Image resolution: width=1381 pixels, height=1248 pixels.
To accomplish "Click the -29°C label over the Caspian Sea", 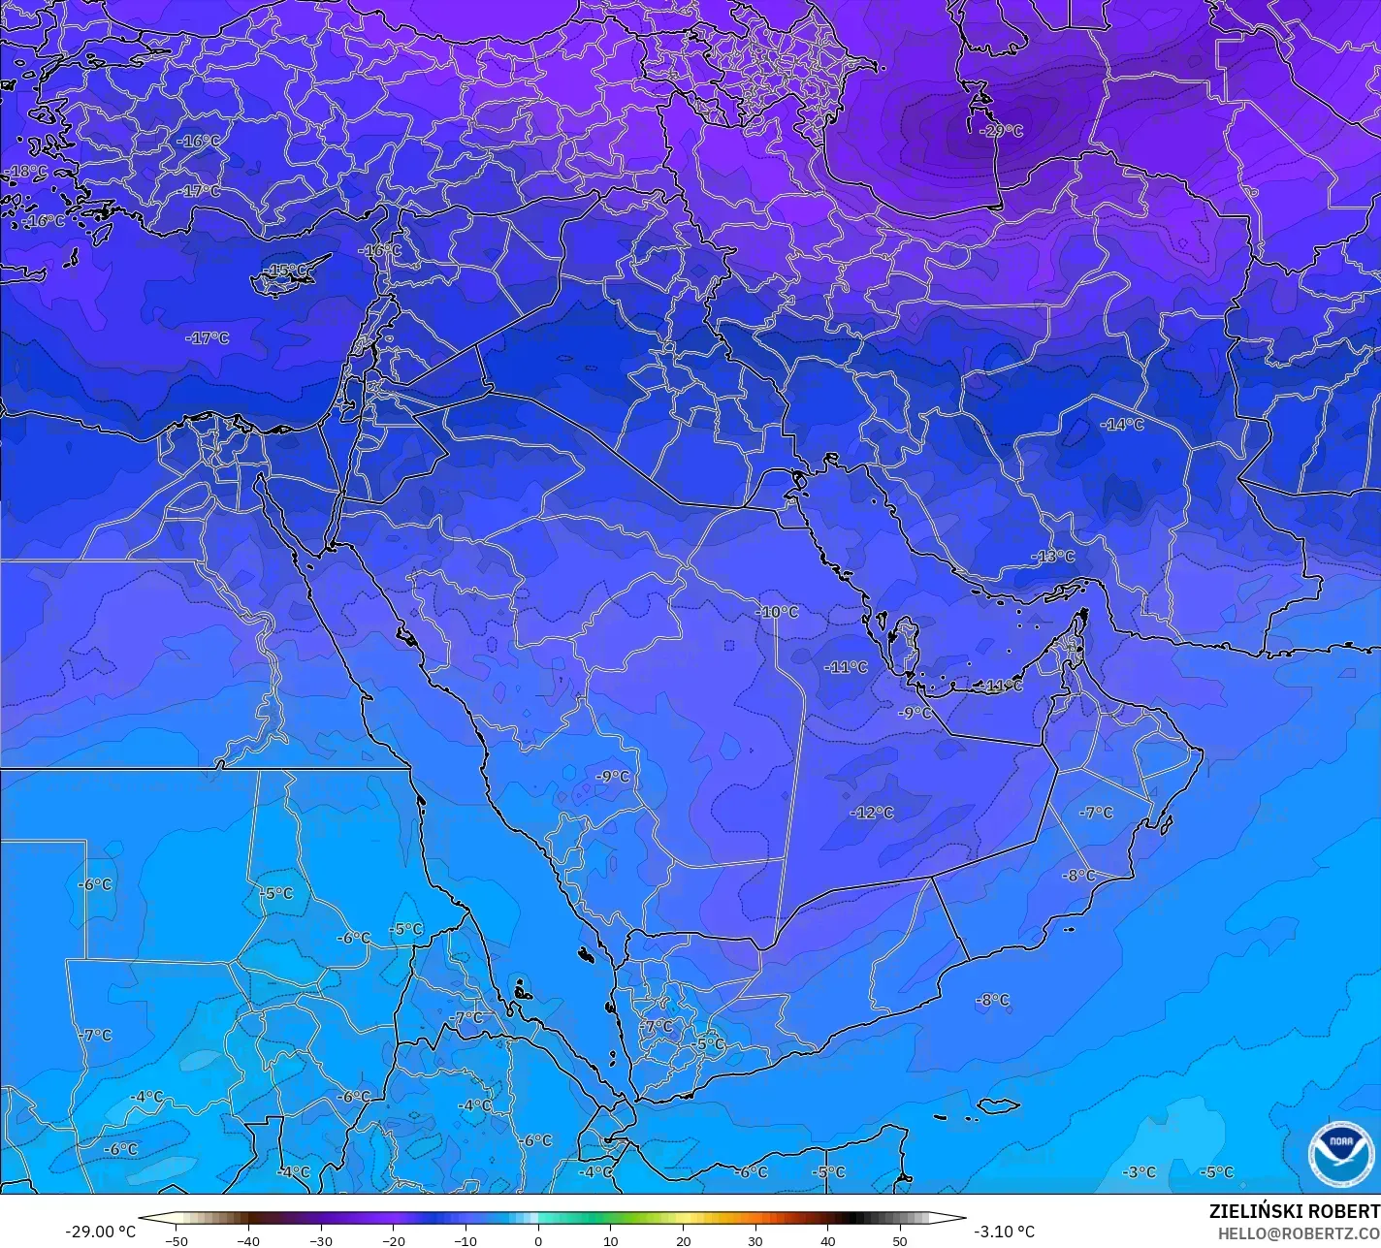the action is point(1002,131).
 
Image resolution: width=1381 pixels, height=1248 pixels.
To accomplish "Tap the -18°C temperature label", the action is point(26,172).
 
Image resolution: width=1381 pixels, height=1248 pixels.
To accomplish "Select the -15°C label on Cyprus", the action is point(287,270).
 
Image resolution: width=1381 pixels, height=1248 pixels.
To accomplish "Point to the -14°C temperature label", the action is point(1122,425).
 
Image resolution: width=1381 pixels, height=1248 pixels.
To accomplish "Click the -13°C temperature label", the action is point(1053,557).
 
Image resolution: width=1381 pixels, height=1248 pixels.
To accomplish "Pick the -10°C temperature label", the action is point(778,612).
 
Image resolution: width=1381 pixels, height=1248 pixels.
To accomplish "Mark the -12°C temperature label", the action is point(872,813).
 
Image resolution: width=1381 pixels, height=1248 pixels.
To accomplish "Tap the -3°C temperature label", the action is point(1140,1171).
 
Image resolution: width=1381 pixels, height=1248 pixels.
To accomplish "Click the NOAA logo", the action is point(1340,1153).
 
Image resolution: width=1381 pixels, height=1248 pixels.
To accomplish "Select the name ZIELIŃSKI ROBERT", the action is point(1294,1211).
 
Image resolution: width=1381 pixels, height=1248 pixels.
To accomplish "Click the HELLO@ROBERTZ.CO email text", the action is point(1299,1232).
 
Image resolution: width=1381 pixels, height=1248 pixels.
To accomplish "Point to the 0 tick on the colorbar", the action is point(538,1240).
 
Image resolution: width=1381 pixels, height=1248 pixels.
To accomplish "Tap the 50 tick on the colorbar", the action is point(900,1240).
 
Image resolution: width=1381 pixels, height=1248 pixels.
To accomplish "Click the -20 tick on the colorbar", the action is point(393,1240).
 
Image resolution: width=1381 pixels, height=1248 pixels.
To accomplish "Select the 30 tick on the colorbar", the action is point(755,1240).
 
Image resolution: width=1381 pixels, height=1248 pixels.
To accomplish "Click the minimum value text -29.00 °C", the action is point(100,1232).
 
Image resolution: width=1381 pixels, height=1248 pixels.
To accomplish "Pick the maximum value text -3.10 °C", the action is point(1004,1232).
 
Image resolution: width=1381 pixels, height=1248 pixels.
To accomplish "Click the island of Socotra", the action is point(998,1105).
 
